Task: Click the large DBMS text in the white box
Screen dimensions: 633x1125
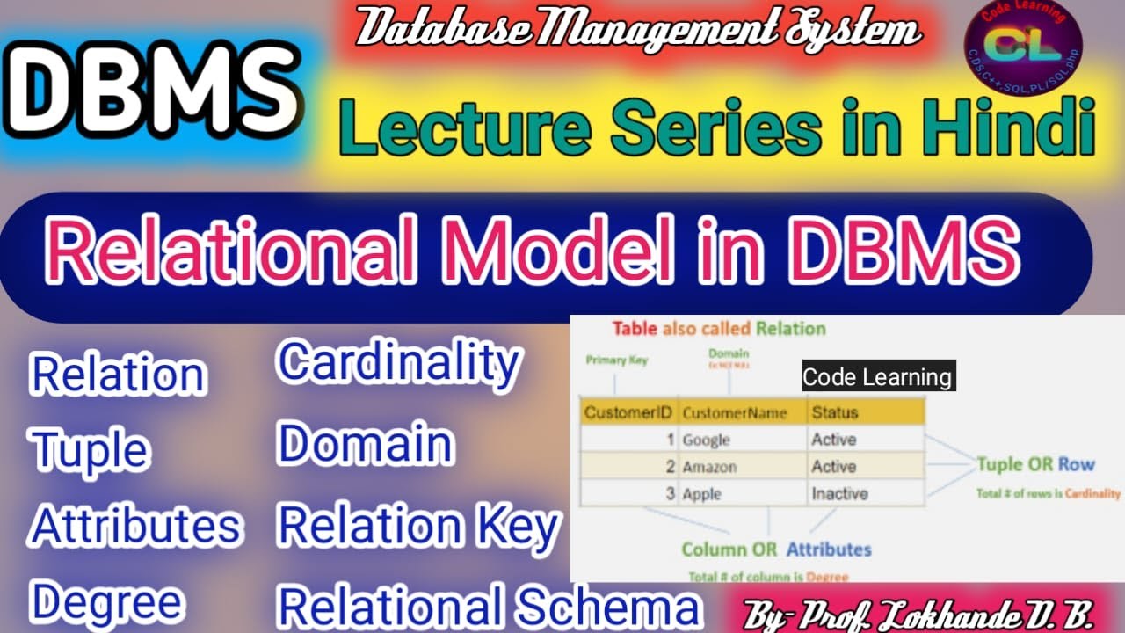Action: tap(156, 86)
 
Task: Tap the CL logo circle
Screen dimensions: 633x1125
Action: tap(1024, 48)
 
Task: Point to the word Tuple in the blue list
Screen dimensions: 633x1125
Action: tap(90, 450)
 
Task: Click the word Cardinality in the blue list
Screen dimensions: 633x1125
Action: tap(399, 362)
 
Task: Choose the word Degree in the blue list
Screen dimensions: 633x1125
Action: tap(107, 603)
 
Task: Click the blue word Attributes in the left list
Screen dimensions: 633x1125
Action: tap(136, 527)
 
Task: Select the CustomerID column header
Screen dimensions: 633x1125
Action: tap(628, 412)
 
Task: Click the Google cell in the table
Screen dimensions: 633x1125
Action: tap(706, 440)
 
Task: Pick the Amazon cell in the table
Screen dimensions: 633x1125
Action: tap(709, 467)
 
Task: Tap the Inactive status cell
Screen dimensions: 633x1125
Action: tap(839, 493)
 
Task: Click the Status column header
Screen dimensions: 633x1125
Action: tap(834, 412)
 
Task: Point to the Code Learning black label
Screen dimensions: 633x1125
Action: tap(878, 377)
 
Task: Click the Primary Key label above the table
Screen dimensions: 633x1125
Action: tap(617, 360)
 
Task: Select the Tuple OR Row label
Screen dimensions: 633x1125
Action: tap(1035, 464)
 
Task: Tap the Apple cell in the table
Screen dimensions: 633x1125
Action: tap(702, 493)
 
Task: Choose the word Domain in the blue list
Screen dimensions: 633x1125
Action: tap(365, 445)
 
